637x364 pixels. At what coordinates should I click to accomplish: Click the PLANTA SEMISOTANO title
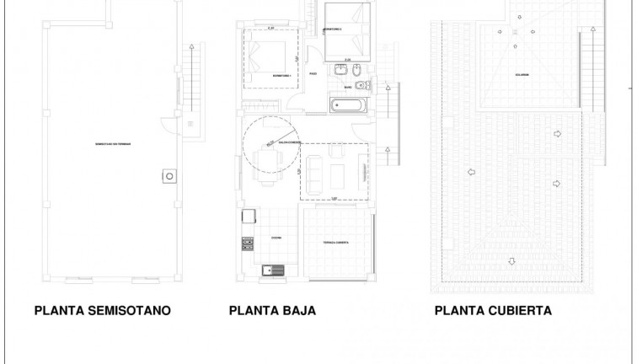click(x=103, y=310)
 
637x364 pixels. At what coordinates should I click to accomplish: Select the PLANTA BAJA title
click(x=272, y=310)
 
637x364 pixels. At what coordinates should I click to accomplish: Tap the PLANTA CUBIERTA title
click(x=494, y=310)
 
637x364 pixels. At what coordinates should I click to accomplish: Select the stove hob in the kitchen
click(x=249, y=244)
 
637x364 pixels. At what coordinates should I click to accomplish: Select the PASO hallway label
click(x=313, y=74)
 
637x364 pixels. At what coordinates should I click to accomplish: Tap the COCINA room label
click(x=276, y=238)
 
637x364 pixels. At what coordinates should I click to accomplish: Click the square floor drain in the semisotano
click(x=170, y=176)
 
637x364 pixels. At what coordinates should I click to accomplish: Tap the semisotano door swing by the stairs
click(x=173, y=125)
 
